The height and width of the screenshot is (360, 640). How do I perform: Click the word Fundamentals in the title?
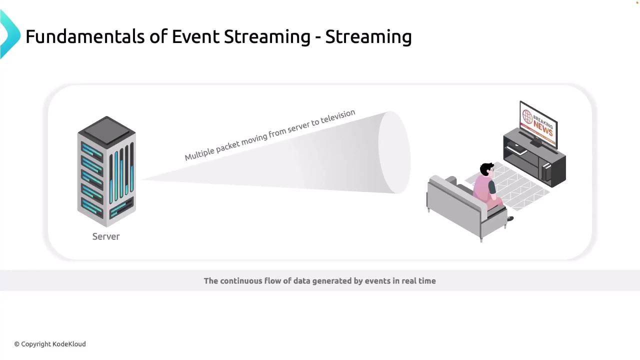pos(85,36)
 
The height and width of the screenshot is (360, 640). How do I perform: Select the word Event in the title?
pos(195,36)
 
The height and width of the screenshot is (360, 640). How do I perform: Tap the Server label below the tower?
pos(106,236)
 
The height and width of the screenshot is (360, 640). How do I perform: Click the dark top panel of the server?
pos(106,130)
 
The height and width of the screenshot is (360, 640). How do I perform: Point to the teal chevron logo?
pos(9,34)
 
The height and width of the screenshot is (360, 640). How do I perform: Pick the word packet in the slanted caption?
pos(227,146)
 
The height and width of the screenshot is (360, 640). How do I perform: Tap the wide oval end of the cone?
pos(394,152)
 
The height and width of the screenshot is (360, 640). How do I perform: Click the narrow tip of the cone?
pos(142,179)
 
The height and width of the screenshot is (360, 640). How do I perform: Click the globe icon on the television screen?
pos(527,117)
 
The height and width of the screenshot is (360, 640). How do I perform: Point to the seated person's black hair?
pos(486,169)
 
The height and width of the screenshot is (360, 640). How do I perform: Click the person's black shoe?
pos(510,219)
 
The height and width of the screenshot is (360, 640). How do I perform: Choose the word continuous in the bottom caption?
pos(240,281)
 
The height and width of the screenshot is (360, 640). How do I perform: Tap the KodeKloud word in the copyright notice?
pos(69,344)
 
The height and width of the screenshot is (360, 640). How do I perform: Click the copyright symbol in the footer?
pos(17,344)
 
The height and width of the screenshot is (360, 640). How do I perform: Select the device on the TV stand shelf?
pos(516,148)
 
